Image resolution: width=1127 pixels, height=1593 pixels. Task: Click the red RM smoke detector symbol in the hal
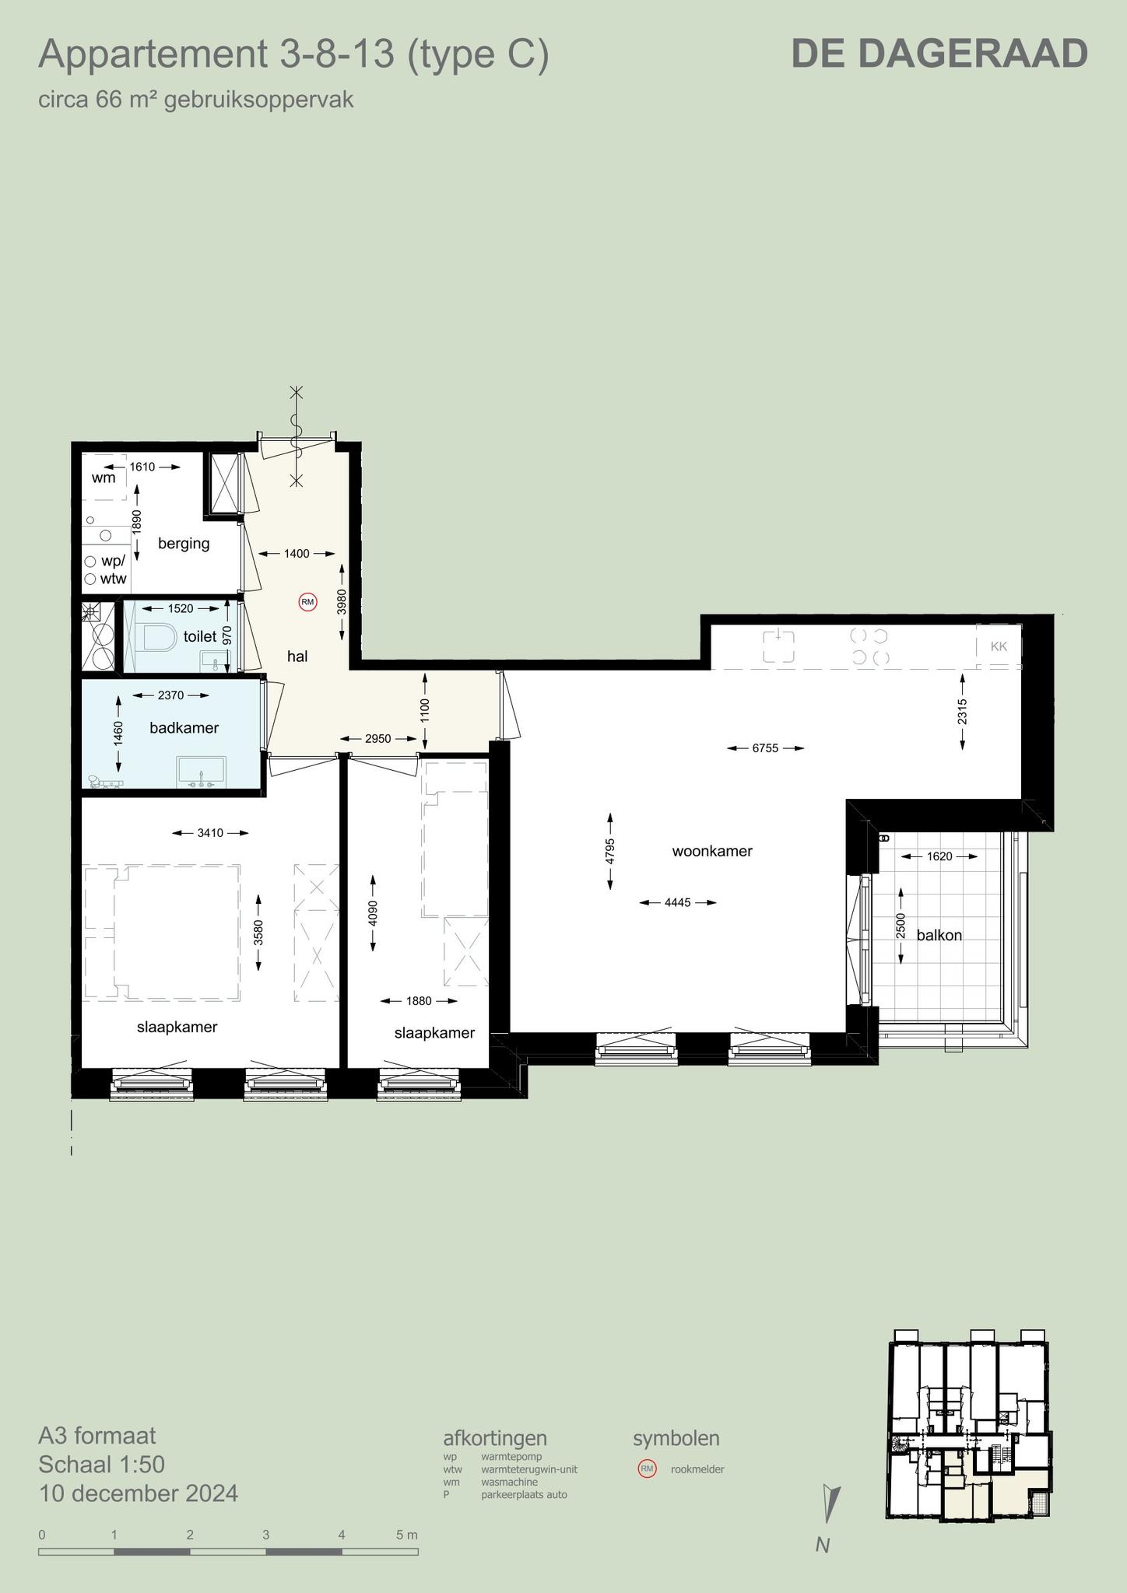click(x=308, y=601)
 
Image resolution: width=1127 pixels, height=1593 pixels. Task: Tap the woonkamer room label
click(x=712, y=851)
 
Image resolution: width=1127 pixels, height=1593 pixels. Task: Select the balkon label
click(x=939, y=935)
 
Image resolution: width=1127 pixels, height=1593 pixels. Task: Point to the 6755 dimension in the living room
click(x=765, y=748)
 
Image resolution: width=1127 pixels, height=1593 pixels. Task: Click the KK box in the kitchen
click(x=999, y=646)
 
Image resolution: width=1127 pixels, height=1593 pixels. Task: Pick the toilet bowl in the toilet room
click(x=159, y=637)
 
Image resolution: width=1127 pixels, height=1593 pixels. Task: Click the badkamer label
click(x=184, y=728)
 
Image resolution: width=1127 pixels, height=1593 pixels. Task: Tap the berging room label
click(x=184, y=543)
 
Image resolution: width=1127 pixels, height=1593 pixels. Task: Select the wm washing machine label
click(x=104, y=478)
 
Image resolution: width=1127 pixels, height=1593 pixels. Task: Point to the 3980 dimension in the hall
click(x=342, y=602)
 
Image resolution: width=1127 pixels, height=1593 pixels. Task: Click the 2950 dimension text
click(x=378, y=739)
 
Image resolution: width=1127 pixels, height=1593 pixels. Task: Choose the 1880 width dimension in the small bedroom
click(x=419, y=1001)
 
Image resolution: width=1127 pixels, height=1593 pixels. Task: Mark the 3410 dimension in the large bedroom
click(x=210, y=833)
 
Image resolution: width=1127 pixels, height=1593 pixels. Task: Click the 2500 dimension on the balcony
click(x=901, y=926)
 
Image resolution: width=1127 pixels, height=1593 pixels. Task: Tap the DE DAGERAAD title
click(x=939, y=54)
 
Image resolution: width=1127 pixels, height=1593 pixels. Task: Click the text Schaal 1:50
click(x=102, y=1465)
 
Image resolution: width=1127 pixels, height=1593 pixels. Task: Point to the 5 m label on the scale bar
click(x=406, y=1535)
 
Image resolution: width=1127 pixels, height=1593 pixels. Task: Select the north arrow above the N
click(x=830, y=1504)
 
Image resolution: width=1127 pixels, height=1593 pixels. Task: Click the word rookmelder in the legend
click(x=697, y=1469)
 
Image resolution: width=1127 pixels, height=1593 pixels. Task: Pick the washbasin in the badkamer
click(x=202, y=771)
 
